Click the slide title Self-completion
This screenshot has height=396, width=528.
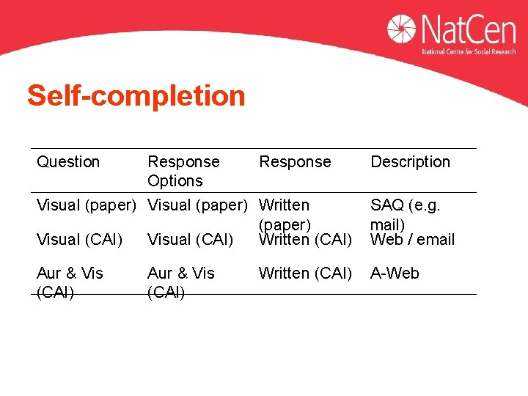(x=136, y=96)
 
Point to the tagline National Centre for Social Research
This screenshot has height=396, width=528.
(x=469, y=52)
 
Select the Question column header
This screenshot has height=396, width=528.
(x=68, y=161)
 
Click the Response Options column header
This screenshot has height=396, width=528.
(x=183, y=171)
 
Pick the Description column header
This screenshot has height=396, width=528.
(x=410, y=161)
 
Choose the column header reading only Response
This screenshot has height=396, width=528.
(x=295, y=161)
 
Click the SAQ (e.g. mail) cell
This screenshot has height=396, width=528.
(x=405, y=213)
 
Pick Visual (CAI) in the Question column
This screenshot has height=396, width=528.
(x=78, y=239)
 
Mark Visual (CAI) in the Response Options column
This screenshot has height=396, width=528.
(x=190, y=239)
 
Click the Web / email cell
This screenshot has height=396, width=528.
(x=412, y=239)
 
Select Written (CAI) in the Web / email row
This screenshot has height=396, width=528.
(x=305, y=239)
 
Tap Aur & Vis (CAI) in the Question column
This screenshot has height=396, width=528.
(x=70, y=282)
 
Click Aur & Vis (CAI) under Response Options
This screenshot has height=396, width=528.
(x=181, y=282)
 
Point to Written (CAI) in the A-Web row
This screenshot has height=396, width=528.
(x=305, y=274)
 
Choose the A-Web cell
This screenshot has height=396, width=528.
(x=395, y=274)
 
